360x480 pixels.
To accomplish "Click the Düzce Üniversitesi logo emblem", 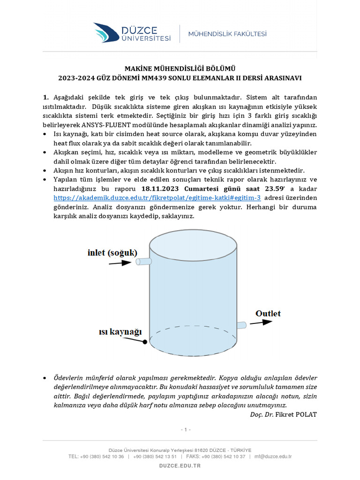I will tap(106, 32).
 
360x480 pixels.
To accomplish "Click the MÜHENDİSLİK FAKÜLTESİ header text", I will tap(227, 34).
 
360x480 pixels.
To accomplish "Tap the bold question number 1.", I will tap(45, 97).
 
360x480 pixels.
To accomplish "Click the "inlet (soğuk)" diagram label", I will tap(112, 253).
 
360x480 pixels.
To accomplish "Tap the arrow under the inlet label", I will tap(120, 263).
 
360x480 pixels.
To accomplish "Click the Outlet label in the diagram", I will tap(268, 313).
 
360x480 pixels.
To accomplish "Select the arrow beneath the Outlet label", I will tap(263, 322).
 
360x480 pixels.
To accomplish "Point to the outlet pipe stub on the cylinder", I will tap(241, 325).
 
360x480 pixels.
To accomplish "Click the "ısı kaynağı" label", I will tap(120, 332).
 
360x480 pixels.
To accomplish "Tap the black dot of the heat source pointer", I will tap(145, 342).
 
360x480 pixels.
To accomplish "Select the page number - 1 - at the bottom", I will tap(186, 429).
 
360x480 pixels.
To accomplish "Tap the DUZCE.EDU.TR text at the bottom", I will tap(180, 466).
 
